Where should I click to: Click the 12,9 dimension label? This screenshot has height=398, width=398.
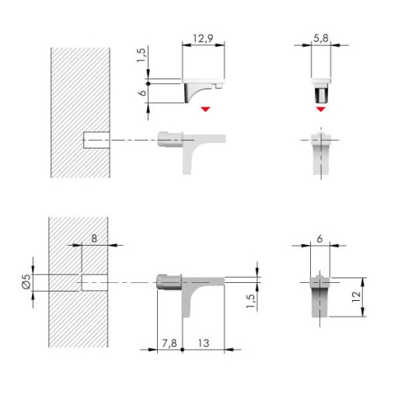point(203,38)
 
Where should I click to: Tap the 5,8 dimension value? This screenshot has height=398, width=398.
point(321,38)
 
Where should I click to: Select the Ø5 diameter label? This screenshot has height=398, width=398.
point(26,281)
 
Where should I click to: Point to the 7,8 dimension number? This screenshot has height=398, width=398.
point(169,344)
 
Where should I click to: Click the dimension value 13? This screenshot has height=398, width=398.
point(204,344)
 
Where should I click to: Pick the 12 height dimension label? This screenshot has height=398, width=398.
point(356,297)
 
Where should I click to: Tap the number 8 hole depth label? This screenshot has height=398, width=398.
point(94,239)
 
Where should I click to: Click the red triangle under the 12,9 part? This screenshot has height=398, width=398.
point(205,109)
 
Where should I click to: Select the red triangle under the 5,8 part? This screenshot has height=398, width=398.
point(321,109)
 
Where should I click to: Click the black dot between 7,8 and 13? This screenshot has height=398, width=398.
point(183,350)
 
